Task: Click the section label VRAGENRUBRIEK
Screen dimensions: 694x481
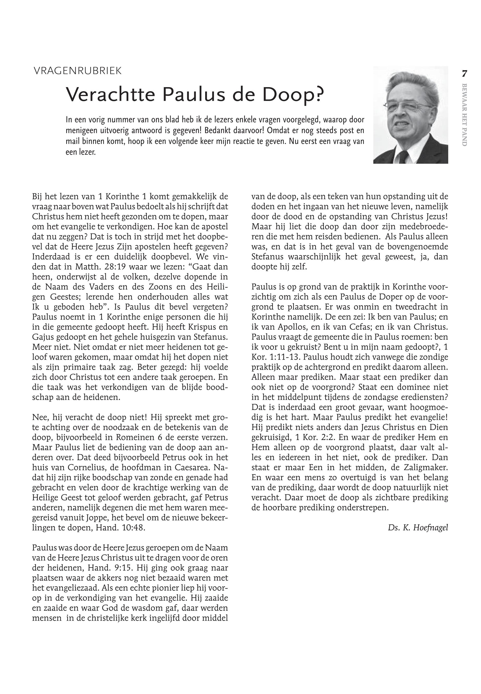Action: [x=78, y=71]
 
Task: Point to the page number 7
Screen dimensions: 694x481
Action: [x=464, y=74]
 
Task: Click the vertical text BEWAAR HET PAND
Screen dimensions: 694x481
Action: [x=464, y=115]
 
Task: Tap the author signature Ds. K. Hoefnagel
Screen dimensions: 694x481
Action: [x=418, y=528]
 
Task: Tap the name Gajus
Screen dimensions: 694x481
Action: [x=42, y=337]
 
